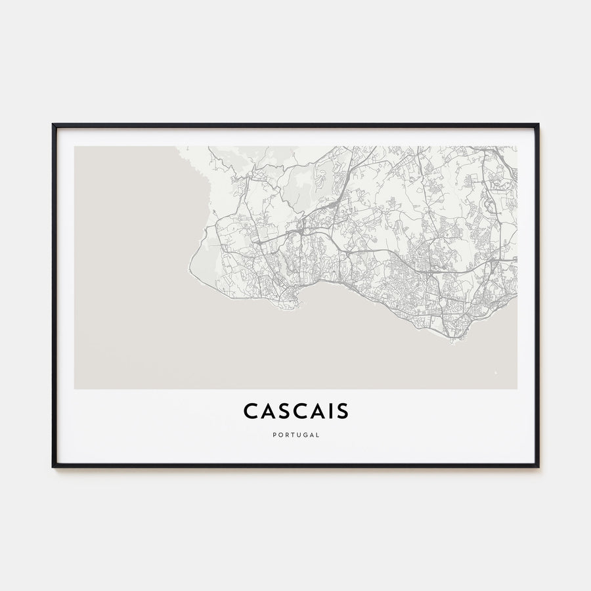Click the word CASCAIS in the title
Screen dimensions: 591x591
(296, 410)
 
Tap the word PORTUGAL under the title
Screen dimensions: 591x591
(296, 435)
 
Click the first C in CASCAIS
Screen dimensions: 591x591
(251, 410)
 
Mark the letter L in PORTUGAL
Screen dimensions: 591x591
(318, 435)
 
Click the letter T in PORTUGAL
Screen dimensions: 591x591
(292, 435)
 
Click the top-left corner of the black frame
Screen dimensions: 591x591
(53, 125)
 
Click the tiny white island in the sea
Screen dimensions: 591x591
(495, 374)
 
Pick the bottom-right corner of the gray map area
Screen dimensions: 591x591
(516, 388)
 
